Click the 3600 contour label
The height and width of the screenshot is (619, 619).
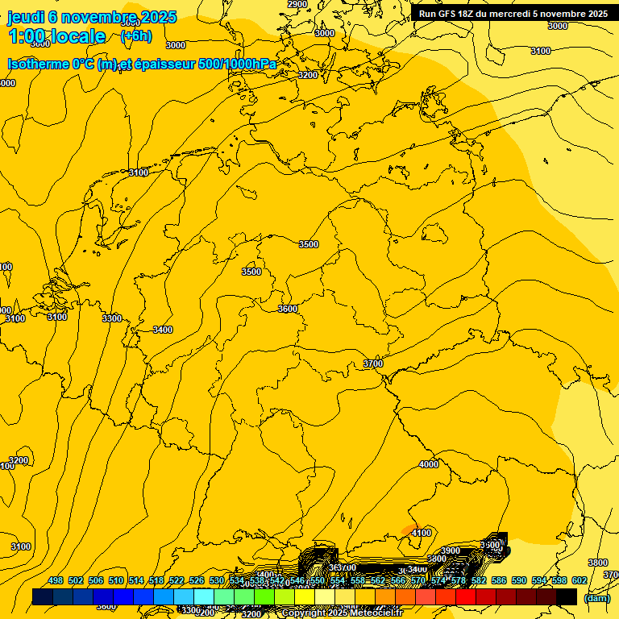(x=288, y=309)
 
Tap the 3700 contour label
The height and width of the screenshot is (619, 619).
(x=373, y=364)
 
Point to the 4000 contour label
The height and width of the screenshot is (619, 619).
(x=429, y=464)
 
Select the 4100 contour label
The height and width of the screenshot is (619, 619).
(x=421, y=533)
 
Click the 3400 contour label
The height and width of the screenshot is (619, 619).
(x=163, y=330)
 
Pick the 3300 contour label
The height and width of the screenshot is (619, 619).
(x=112, y=318)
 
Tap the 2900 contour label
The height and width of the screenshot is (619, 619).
(x=297, y=4)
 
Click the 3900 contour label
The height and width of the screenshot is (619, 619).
(x=451, y=550)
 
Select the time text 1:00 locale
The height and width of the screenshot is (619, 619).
(x=57, y=36)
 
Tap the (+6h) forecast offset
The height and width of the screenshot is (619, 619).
(x=135, y=36)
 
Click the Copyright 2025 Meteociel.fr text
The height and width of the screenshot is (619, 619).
(x=342, y=613)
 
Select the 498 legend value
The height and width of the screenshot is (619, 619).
(x=56, y=580)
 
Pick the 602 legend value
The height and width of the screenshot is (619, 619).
(x=579, y=580)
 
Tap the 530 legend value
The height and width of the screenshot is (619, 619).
(x=217, y=580)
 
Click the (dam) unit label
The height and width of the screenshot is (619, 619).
(x=597, y=598)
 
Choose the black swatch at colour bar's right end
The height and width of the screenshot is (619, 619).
(x=567, y=596)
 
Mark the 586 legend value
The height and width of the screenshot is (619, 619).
(x=499, y=580)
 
